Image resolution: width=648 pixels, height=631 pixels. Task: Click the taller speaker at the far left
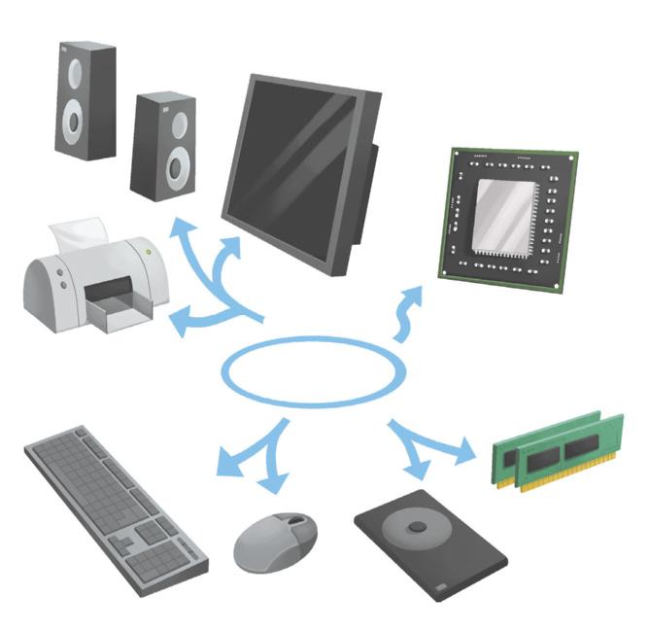86,100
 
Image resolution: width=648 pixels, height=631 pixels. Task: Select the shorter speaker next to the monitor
163,147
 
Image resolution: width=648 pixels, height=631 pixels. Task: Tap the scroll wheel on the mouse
292,523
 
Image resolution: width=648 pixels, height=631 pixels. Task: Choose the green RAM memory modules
558,449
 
